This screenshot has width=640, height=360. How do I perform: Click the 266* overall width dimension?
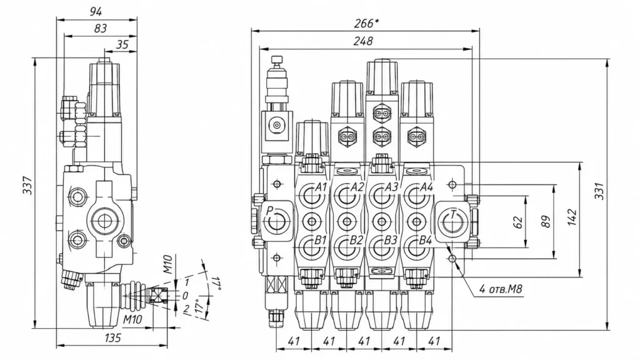point(366,24)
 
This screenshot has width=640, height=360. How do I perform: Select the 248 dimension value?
point(363,41)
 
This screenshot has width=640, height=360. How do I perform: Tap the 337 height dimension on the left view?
point(27,185)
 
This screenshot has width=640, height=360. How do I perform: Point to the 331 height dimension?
point(599,191)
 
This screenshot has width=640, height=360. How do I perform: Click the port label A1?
point(321,187)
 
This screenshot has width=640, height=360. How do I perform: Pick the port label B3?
point(391,241)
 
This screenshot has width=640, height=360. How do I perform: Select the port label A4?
point(426,187)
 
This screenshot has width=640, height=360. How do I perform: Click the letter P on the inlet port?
point(269,211)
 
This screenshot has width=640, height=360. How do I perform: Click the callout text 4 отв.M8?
point(501,289)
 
